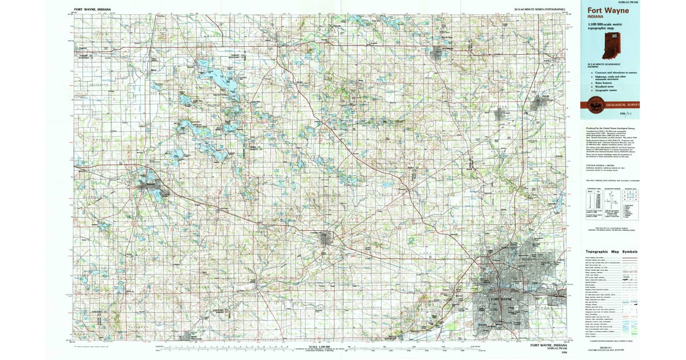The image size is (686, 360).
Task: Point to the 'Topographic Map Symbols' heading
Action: tap(610, 252)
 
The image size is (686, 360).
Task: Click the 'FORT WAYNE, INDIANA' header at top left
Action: tap(93, 10)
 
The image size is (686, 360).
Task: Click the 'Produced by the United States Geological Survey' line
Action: tap(606, 128)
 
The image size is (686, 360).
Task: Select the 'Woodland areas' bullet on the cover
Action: tap(601, 86)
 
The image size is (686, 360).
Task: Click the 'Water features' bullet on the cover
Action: tap(601, 82)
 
